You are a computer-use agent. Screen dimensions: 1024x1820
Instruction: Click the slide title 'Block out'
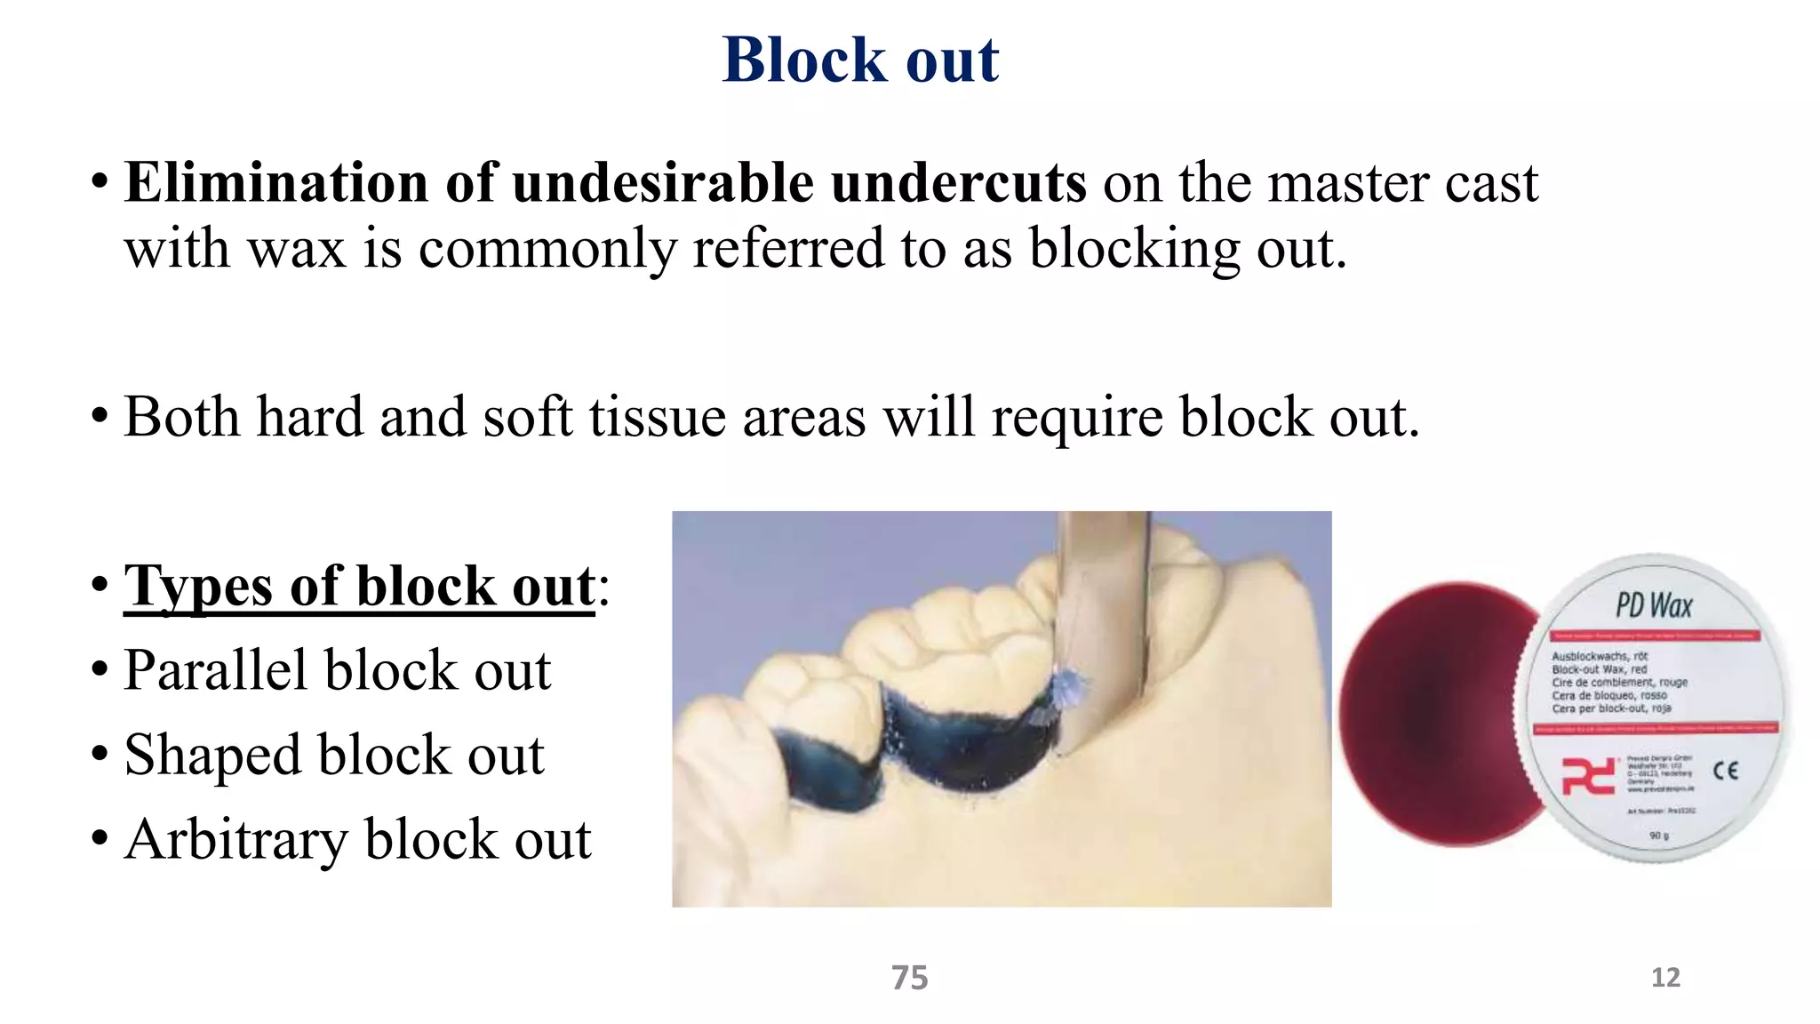pyautogui.click(x=860, y=60)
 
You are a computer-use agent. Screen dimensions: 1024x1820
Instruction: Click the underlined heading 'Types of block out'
pyautogui.click(x=359, y=587)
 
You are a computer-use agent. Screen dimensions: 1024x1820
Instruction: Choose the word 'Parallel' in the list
pyautogui.click(x=216, y=670)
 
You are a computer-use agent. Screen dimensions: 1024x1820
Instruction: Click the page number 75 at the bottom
pyautogui.click(x=909, y=978)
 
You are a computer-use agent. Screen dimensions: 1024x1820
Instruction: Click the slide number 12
pyautogui.click(x=1665, y=978)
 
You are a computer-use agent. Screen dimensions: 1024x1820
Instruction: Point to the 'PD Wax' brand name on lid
pyautogui.click(x=1653, y=606)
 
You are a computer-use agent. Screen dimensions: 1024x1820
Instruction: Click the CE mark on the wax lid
pyautogui.click(x=1725, y=771)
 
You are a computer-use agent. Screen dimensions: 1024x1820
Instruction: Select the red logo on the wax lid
pyautogui.click(x=1588, y=776)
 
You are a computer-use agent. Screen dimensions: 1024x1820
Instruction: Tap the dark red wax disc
pyautogui.click(x=1431, y=711)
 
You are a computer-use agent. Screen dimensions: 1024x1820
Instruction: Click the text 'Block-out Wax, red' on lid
pyautogui.click(x=1600, y=669)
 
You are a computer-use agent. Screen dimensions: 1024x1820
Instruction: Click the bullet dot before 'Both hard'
pyautogui.click(x=100, y=417)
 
